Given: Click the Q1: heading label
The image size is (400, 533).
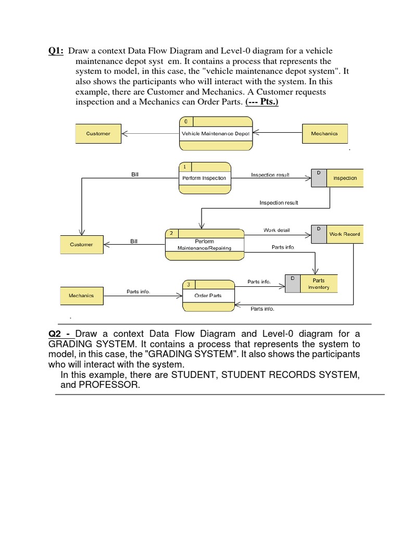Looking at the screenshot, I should click(x=56, y=50).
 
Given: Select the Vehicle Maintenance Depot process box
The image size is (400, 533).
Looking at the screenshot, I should click(x=216, y=133).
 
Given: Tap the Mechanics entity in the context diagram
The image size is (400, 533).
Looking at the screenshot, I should click(x=324, y=134).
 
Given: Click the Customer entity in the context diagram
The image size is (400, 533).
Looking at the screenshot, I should click(x=98, y=134).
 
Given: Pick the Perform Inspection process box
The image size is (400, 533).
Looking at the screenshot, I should click(x=204, y=178).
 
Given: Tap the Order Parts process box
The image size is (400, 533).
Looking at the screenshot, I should click(x=208, y=296).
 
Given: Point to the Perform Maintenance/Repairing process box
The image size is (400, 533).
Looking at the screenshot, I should click(x=204, y=245).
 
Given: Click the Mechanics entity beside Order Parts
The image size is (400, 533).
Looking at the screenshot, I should click(x=81, y=296).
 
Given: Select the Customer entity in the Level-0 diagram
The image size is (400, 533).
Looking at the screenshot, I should click(x=81, y=245).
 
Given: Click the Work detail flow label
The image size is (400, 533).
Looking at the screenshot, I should click(x=277, y=230).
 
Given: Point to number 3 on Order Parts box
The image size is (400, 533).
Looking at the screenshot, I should click(x=188, y=284).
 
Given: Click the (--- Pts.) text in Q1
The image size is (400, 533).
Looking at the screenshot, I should click(x=261, y=101).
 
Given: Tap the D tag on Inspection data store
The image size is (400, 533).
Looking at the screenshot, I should click(x=318, y=172).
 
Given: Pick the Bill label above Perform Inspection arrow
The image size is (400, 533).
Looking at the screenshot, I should click(x=135, y=174).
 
